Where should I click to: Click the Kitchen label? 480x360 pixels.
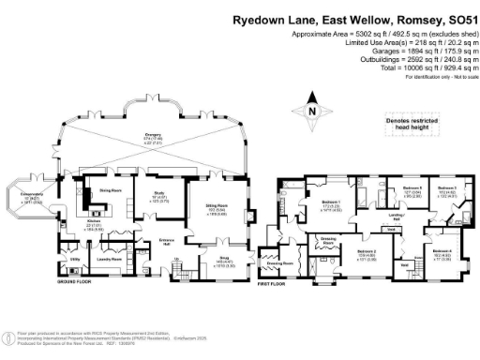[x=95, y=224]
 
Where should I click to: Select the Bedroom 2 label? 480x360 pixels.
[x=367, y=251]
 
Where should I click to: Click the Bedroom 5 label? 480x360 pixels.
[x=413, y=189]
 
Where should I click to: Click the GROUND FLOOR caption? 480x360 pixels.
[x=73, y=281]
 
